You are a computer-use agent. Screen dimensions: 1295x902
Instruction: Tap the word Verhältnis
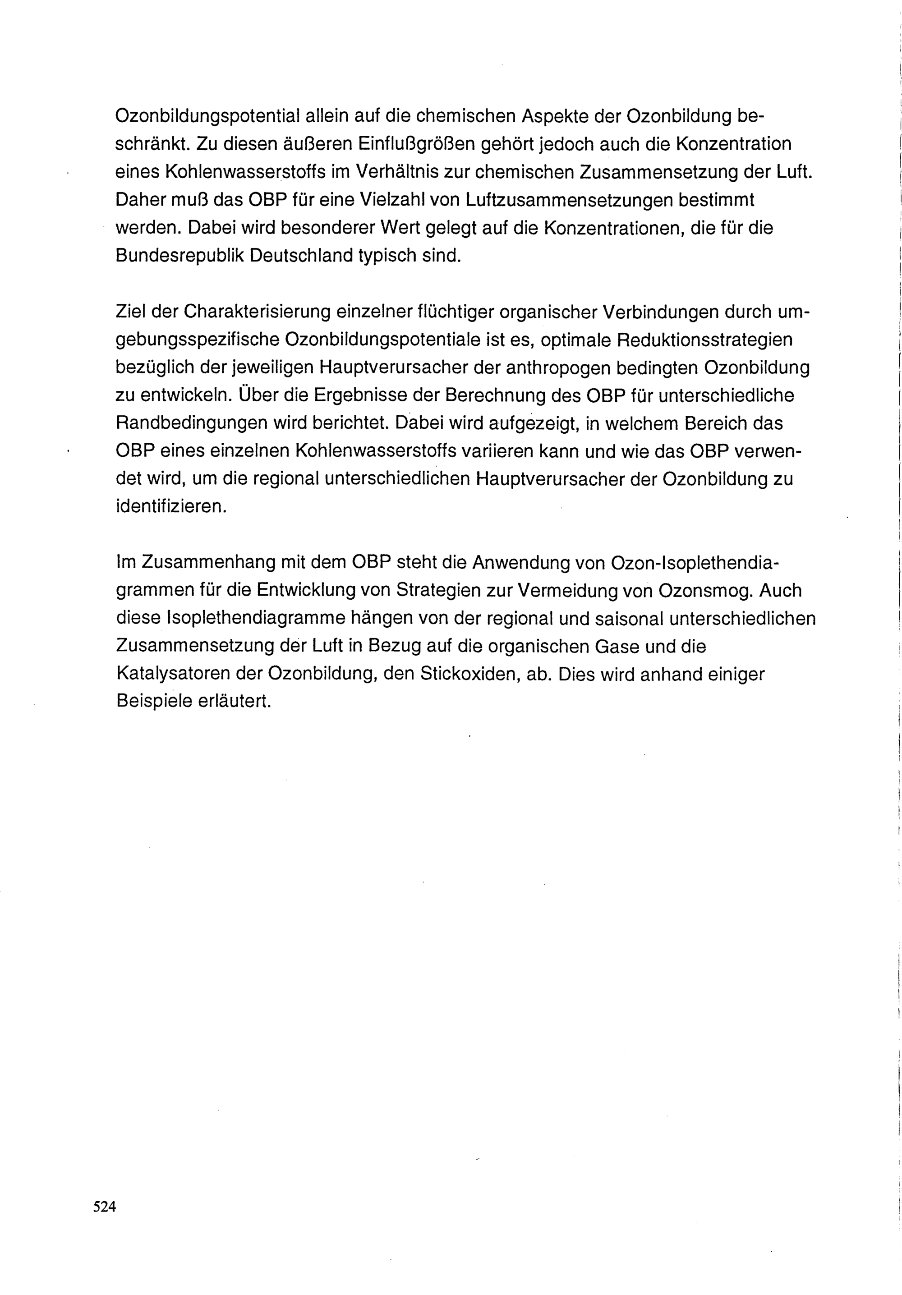tap(387, 172)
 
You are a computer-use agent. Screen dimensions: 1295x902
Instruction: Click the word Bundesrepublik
tap(179, 256)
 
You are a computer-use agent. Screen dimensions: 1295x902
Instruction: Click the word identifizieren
tap(171, 506)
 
